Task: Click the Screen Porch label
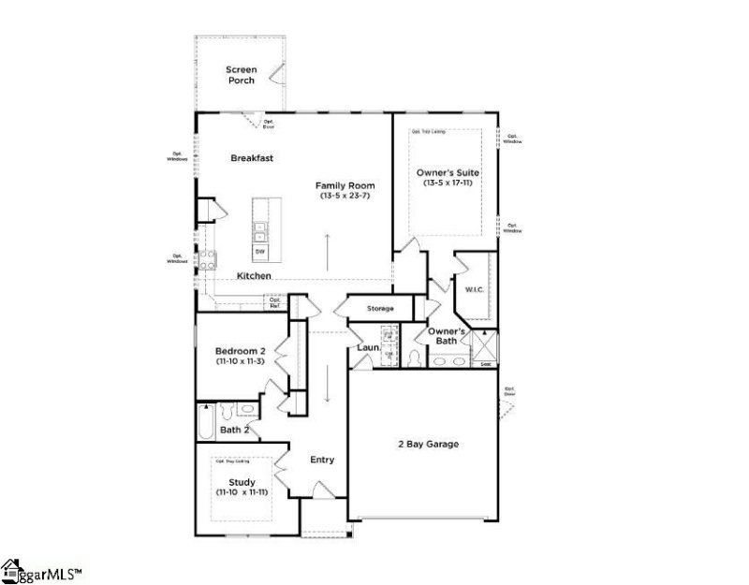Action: tap(240, 75)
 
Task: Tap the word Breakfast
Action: tap(252, 158)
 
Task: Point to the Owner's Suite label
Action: tap(446, 172)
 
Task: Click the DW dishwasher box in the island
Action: tap(259, 252)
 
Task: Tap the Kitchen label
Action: tap(254, 276)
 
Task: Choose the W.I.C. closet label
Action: tap(474, 290)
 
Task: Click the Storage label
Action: tap(380, 309)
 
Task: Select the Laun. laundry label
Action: tap(367, 348)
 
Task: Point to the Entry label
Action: tap(322, 460)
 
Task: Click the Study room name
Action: tap(242, 482)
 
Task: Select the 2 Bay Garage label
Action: tap(427, 445)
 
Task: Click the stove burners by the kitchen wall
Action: tap(207, 260)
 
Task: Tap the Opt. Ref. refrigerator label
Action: tap(275, 302)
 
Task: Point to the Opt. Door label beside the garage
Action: tap(509, 391)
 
